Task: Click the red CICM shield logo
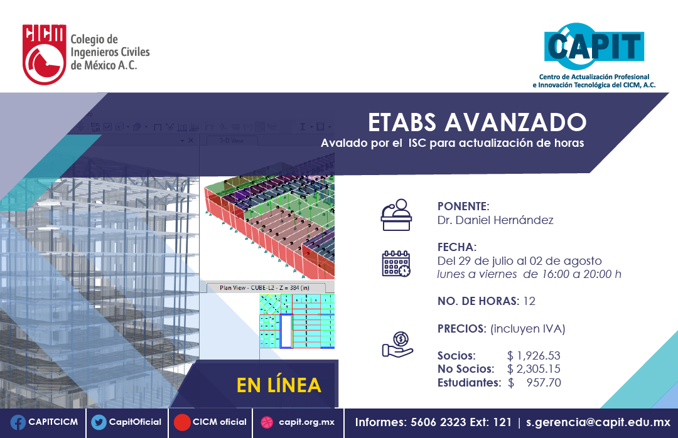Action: (x=44, y=54)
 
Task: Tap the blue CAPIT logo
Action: (x=593, y=46)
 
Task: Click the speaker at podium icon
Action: (x=397, y=215)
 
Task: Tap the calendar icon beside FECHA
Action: (x=396, y=263)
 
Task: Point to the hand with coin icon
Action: (x=397, y=345)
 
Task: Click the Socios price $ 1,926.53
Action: (x=534, y=356)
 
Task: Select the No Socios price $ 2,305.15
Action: (x=534, y=369)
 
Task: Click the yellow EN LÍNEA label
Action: (x=279, y=385)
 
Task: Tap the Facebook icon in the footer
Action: (x=18, y=422)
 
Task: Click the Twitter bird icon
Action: (x=99, y=422)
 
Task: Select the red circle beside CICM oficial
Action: (x=182, y=422)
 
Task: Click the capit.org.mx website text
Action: (x=306, y=422)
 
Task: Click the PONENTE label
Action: (x=463, y=206)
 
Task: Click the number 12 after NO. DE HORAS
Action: (x=529, y=301)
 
